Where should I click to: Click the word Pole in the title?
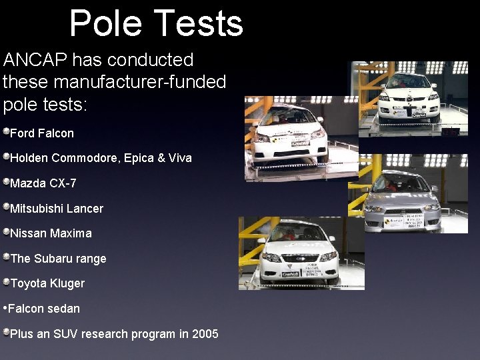pyautogui.click(x=106, y=23)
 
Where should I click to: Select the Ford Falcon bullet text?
pyautogui.click(x=42, y=133)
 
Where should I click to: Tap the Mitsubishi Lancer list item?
pyautogui.click(x=57, y=209)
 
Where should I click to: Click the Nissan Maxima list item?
pyautogui.click(x=51, y=233)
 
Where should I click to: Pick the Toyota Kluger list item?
pyautogui.click(x=47, y=283)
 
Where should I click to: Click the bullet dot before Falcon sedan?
pyautogui.click(x=5, y=309)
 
